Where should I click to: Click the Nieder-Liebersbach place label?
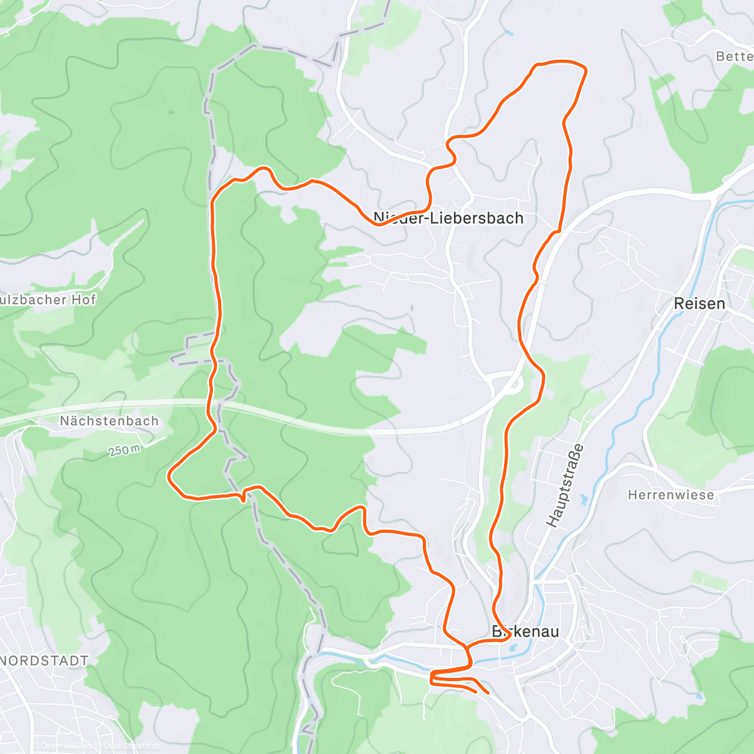(448, 218)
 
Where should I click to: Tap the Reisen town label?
(699, 303)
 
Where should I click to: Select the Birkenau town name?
(525, 631)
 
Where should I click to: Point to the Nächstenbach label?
(109, 421)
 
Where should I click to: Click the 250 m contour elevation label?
(123, 450)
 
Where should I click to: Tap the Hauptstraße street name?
(565, 485)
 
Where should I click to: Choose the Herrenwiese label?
(671, 495)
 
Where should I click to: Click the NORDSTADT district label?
(44, 660)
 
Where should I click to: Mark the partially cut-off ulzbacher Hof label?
(48, 300)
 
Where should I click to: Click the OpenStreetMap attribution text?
(132, 746)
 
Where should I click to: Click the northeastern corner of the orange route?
(584, 68)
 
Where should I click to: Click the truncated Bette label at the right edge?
(734, 57)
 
